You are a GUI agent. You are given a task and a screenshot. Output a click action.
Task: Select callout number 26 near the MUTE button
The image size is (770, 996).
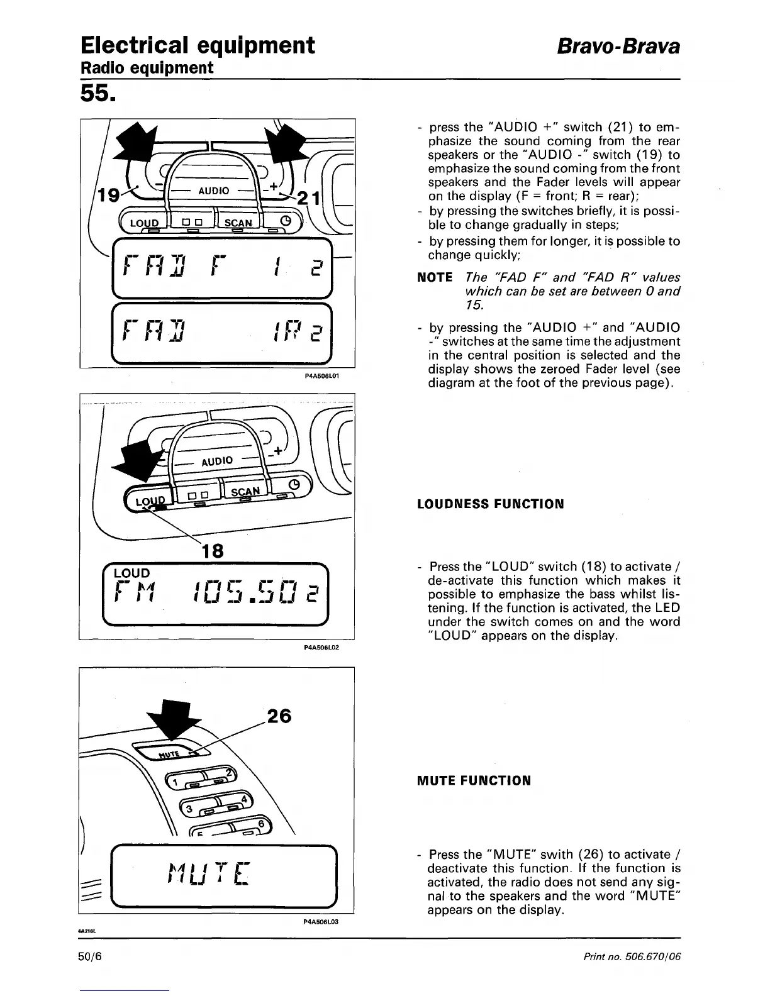[x=280, y=716]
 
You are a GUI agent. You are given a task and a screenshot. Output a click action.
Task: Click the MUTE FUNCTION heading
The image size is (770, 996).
[x=474, y=781]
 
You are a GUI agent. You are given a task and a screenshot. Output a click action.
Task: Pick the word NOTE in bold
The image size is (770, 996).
[x=435, y=278]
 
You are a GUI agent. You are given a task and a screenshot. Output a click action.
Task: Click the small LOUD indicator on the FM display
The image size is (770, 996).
[x=131, y=573]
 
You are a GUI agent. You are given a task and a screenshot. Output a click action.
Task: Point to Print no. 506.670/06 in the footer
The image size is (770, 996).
[x=632, y=957]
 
